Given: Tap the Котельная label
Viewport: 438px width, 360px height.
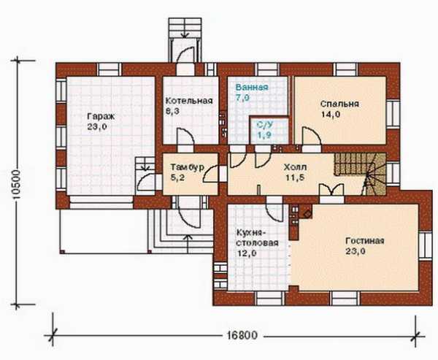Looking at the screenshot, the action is [x=189, y=101].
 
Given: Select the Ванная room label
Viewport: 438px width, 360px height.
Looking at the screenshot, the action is [x=252, y=87].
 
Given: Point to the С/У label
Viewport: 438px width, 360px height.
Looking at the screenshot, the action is [x=265, y=125].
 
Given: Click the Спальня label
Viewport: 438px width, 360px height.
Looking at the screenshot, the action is [x=339, y=104].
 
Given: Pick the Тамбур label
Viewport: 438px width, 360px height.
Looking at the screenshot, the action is [x=187, y=167].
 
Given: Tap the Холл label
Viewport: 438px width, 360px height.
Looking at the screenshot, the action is [x=295, y=167].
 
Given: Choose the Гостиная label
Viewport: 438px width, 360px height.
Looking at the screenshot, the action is [x=365, y=241].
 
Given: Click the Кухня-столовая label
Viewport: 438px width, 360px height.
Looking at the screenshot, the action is [x=257, y=238].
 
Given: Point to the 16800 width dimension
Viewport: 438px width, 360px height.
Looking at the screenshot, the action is [x=242, y=335].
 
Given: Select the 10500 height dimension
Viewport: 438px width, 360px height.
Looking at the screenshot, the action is [x=17, y=185].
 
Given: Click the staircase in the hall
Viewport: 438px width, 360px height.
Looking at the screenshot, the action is [x=360, y=174].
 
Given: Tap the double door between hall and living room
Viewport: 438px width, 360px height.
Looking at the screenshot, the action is [x=331, y=190].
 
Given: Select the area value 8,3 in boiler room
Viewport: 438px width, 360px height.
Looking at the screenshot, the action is [x=172, y=111].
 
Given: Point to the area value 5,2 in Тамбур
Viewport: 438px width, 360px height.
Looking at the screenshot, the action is [x=177, y=177].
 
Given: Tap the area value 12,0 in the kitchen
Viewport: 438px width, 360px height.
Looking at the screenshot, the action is [x=247, y=253].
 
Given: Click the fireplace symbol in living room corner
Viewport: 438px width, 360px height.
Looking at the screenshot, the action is [x=307, y=212].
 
